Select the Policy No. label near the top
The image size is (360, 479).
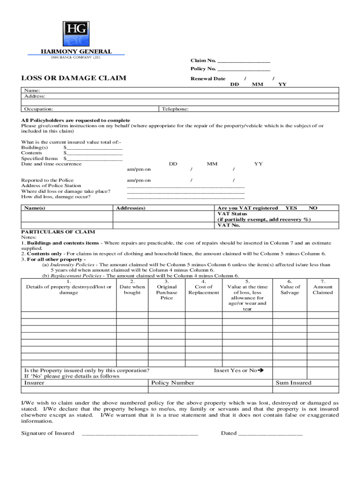203,69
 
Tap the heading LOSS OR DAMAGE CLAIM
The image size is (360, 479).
73,78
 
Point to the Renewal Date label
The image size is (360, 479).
208,79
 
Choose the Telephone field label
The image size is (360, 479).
175,109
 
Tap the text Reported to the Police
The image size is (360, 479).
47,180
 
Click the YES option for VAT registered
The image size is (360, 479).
291,208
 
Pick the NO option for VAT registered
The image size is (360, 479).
313,208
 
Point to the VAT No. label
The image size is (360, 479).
228,225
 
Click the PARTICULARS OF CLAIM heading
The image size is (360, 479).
58,232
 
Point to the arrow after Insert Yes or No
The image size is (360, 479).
261,370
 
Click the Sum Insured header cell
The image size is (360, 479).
293,383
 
